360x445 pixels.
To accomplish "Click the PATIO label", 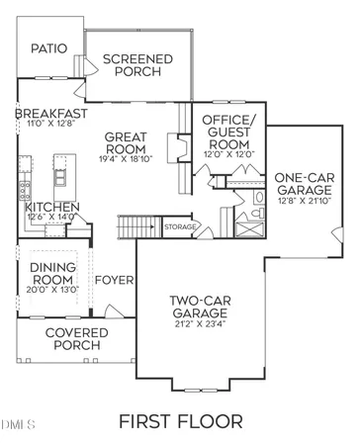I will pyautogui.click(x=48, y=47).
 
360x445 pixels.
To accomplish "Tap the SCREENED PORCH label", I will pyautogui.click(x=137, y=65).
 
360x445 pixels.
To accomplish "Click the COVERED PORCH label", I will pyautogui.click(x=73, y=339).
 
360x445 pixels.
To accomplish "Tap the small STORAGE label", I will pyautogui.click(x=180, y=227).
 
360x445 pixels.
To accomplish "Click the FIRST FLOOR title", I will pyautogui.click(x=178, y=421).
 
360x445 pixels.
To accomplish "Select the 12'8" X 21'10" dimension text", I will pyautogui.click(x=302, y=202).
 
